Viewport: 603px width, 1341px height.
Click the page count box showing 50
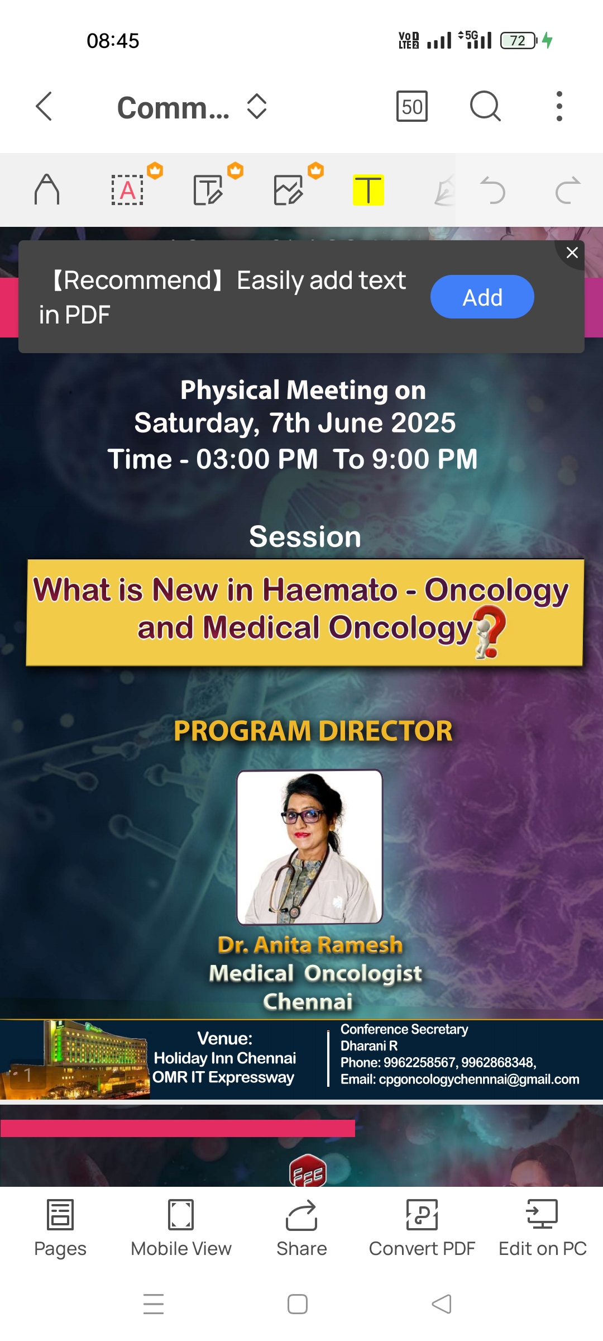tap(412, 106)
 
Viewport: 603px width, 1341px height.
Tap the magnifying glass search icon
tap(485, 106)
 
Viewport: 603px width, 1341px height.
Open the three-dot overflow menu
tap(559, 106)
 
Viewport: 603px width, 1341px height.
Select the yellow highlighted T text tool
tap(368, 190)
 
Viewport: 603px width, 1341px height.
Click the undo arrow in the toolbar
tap(492, 191)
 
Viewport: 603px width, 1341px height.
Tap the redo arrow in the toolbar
tap(568, 191)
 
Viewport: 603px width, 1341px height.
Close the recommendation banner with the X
tap(572, 253)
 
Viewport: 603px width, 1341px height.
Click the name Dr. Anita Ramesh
tap(310, 945)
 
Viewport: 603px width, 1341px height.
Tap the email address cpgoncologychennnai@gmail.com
tap(479, 1080)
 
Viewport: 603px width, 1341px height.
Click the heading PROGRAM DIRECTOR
tap(313, 731)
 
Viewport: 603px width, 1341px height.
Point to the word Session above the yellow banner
tap(305, 537)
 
